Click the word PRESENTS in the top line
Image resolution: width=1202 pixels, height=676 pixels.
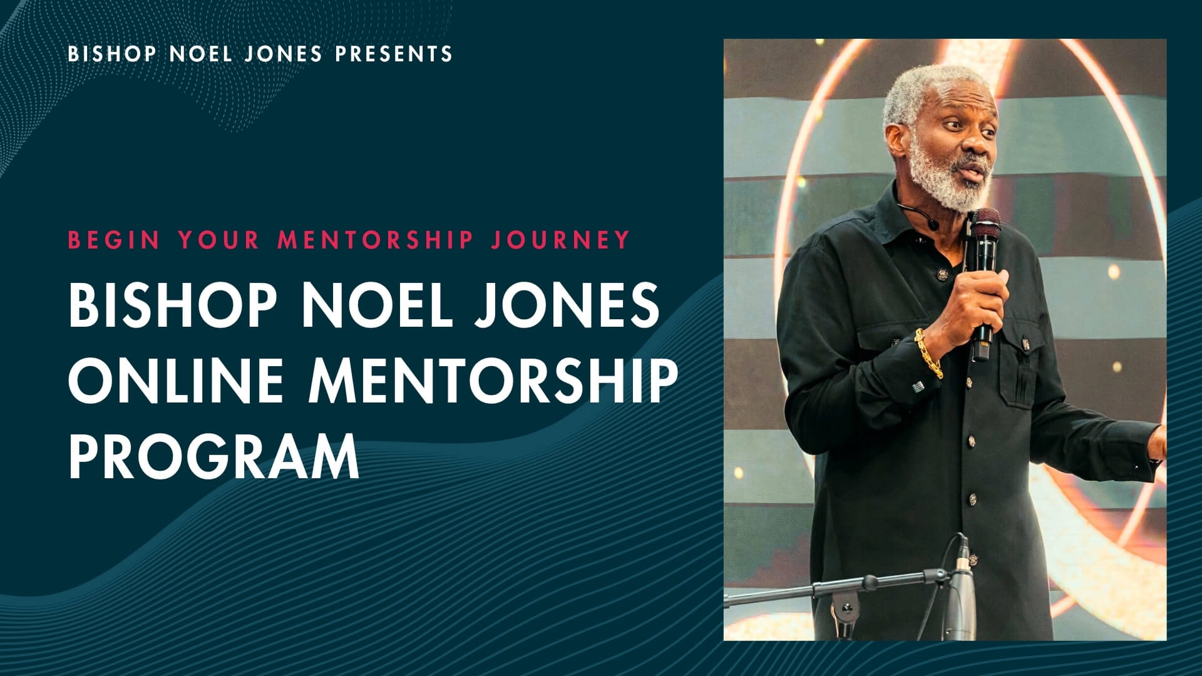pos(394,54)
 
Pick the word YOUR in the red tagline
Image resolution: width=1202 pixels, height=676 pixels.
pos(218,240)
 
